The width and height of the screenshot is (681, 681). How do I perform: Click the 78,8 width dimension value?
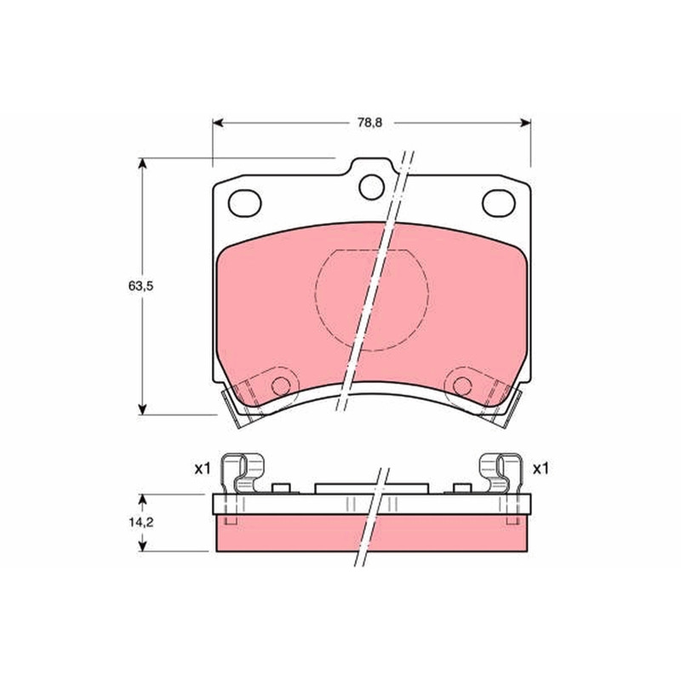coord(369,123)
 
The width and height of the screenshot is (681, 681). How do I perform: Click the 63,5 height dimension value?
coord(140,286)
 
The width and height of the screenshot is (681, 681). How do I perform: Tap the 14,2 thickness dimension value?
coord(140,523)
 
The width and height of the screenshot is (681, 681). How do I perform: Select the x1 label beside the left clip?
coord(203,469)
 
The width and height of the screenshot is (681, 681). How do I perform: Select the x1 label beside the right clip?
coord(541,469)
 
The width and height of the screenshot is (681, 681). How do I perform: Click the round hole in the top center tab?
coord(372,186)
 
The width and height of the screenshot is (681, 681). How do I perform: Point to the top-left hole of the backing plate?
coord(244,203)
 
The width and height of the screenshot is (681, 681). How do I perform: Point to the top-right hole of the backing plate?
coord(499,203)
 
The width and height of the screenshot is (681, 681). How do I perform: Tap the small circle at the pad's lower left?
coord(281,386)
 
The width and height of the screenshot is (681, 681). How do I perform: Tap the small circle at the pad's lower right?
coord(462,386)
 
